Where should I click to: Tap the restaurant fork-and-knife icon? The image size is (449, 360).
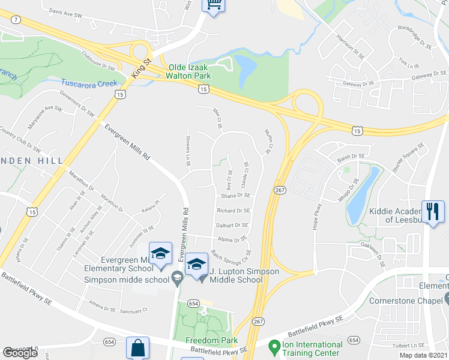pyautogui.click(x=433, y=211)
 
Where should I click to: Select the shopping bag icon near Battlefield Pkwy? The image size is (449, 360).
pyautogui.click(x=137, y=347)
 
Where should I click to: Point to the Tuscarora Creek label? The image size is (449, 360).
pyautogui.click(x=89, y=82)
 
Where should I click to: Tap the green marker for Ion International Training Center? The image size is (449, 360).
pyautogui.click(x=274, y=347)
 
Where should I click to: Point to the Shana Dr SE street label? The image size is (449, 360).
pyautogui.click(x=235, y=196)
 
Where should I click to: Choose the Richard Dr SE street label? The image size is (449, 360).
pyautogui.click(x=234, y=211)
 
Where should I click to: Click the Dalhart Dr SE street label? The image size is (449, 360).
pyautogui.click(x=232, y=225)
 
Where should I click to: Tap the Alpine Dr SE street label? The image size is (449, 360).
pyautogui.click(x=232, y=239)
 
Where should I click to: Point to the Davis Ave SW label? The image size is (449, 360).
pyautogui.click(x=65, y=12)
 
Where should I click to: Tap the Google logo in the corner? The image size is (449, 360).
pyautogui.click(x=20, y=353)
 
